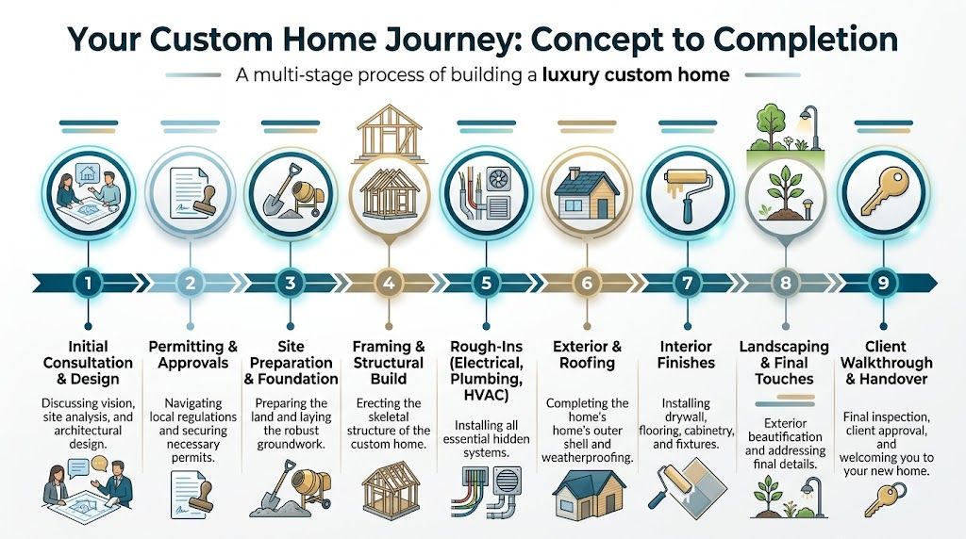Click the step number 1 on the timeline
[88, 283]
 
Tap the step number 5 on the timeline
[485, 283]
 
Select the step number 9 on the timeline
[882, 283]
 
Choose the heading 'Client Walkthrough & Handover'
[882, 363]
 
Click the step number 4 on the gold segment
[385, 283]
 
